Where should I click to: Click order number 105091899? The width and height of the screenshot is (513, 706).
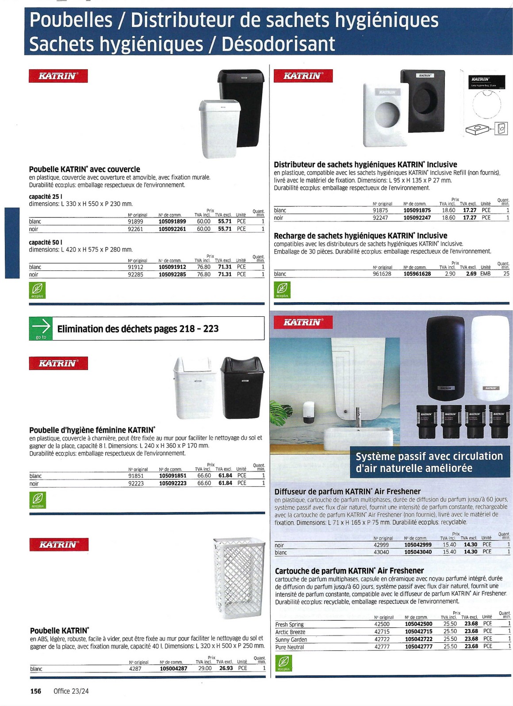[172, 221]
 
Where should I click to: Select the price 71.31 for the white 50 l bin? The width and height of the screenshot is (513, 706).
[225, 267]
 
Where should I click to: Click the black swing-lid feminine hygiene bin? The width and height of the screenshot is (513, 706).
[242, 387]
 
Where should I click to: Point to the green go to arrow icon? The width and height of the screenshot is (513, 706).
[41, 328]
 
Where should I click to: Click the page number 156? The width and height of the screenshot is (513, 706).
[36, 691]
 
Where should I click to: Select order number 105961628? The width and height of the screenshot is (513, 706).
[417, 274]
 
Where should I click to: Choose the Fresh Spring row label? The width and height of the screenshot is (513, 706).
[289, 624]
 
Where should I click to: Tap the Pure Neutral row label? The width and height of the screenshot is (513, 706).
[290, 647]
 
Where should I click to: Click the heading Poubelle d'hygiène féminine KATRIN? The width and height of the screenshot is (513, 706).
[92, 430]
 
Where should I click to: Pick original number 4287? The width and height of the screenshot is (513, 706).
[135, 668]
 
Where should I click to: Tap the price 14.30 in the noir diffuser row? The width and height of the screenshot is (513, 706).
[471, 545]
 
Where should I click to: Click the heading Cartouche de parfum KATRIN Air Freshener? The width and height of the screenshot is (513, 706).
[349, 571]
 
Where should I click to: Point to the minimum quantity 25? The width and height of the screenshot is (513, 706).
[506, 274]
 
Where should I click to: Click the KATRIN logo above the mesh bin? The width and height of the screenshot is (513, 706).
[59, 545]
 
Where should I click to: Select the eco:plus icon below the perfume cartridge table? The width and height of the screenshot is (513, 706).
[283, 663]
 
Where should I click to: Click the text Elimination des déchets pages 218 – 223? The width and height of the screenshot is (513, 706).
[138, 329]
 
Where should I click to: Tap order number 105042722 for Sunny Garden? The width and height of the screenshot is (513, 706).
[418, 639]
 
